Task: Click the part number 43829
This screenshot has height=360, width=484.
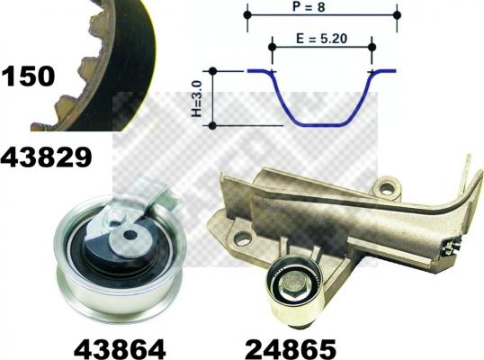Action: coord(46,157)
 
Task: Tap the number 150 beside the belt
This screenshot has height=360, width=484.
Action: coord(29,76)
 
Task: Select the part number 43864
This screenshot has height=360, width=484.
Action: coord(120,349)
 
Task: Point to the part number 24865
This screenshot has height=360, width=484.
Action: coord(291,349)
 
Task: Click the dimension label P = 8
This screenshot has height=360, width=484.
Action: coord(309,6)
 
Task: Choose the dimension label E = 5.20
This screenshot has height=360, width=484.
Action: coord(321,39)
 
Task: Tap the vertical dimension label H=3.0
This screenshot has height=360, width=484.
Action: coord(197,98)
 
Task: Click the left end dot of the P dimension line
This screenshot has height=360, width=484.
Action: coord(247,14)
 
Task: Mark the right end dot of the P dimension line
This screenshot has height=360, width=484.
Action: coord(397,14)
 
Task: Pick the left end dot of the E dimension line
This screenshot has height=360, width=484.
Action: coord(272,47)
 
